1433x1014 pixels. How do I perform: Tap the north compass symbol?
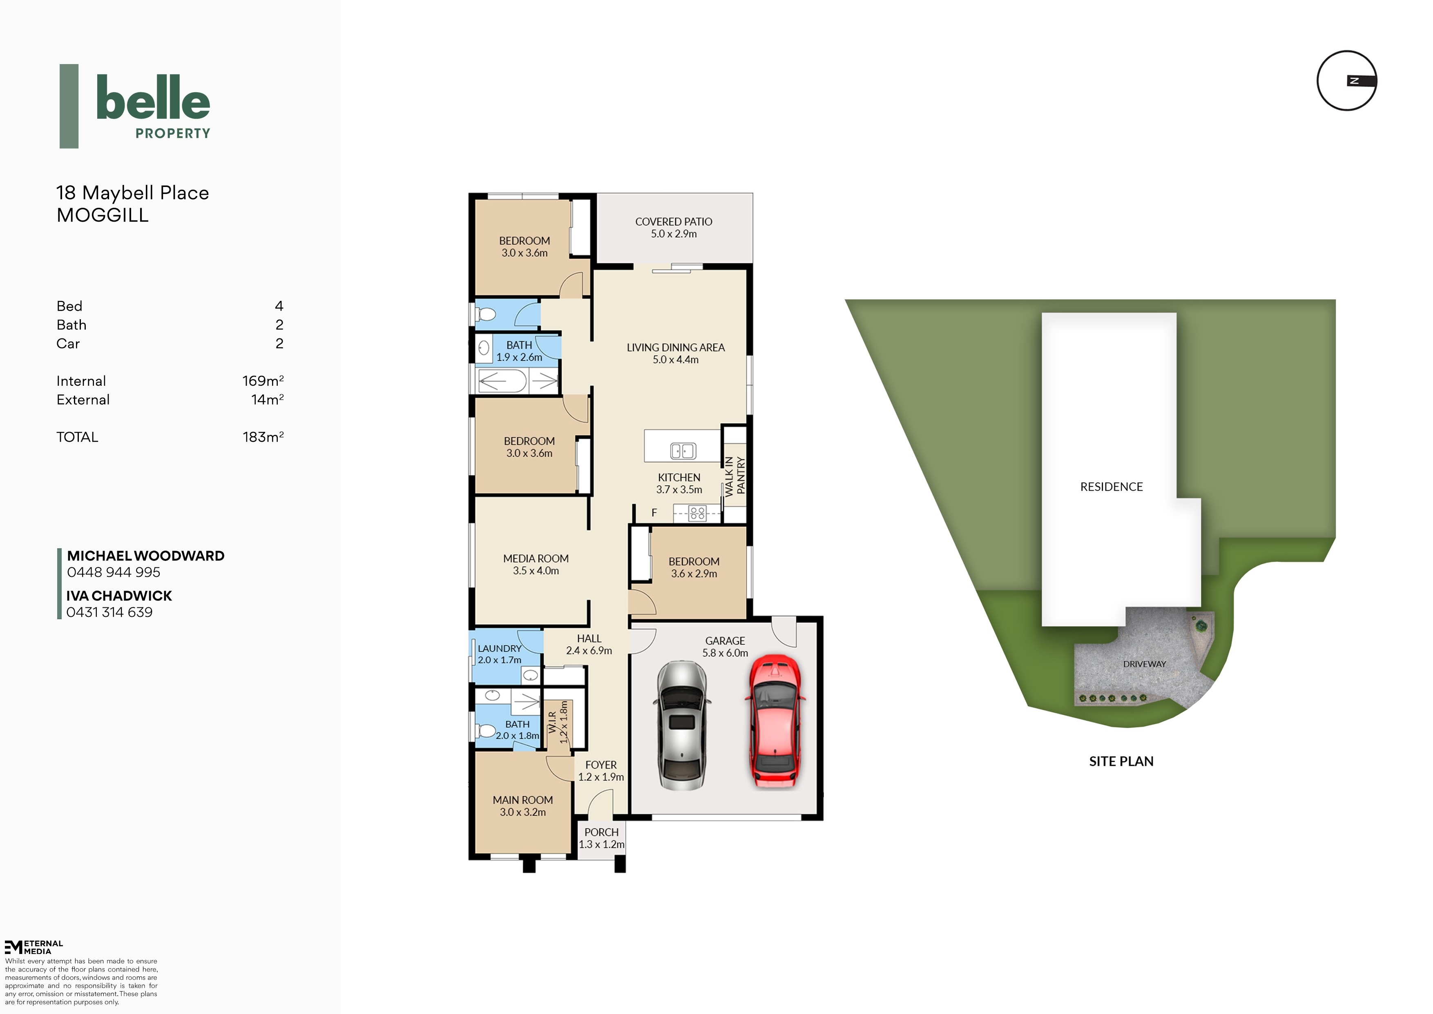(x=1347, y=80)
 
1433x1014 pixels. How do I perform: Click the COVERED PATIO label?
(x=673, y=222)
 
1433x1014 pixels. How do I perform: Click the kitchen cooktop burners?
(x=697, y=513)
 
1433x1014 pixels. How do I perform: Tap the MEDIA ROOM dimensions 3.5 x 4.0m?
(x=536, y=571)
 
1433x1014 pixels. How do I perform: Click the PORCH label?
(x=602, y=832)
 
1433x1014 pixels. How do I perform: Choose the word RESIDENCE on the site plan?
(x=1111, y=487)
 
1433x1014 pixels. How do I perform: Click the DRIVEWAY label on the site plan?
(x=1145, y=664)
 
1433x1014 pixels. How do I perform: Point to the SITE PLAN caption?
(x=1121, y=761)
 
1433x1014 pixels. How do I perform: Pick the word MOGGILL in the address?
(x=103, y=216)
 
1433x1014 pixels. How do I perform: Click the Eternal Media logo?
(x=34, y=947)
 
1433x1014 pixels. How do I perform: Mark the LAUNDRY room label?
(x=500, y=649)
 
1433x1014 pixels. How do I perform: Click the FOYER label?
(x=601, y=765)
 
